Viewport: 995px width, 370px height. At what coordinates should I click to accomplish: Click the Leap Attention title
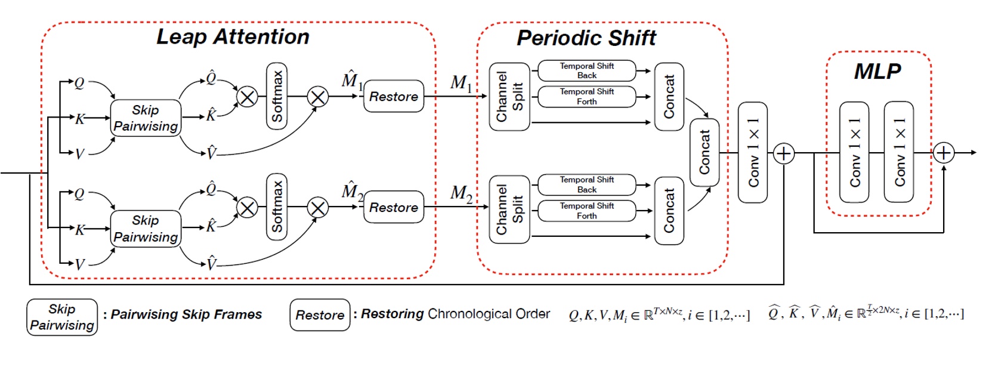pyautogui.click(x=233, y=37)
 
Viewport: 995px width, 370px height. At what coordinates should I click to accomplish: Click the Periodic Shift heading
pyautogui.click(x=586, y=38)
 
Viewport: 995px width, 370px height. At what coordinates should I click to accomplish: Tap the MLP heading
pyautogui.click(x=877, y=72)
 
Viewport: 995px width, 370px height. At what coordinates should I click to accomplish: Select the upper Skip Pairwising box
pyautogui.click(x=146, y=118)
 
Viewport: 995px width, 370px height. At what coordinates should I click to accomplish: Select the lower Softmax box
pyautogui.click(x=277, y=207)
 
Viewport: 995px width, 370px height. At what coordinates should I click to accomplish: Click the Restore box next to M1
pyautogui.click(x=394, y=97)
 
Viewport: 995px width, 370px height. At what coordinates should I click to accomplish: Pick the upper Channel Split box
pyautogui.click(x=509, y=97)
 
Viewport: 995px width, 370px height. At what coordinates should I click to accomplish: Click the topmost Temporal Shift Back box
pyautogui.click(x=586, y=70)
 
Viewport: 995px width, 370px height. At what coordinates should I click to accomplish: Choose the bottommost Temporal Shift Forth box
pyautogui.click(x=586, y=211)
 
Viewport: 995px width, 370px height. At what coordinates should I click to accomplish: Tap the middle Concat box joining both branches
pyautogui.click(x=704, y=152)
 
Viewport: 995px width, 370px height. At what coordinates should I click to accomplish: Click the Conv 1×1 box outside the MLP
pyautogui.click(x=753, y=153)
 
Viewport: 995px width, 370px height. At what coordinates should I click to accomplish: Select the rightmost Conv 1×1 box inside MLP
pyautogui.click(x=899, y=153)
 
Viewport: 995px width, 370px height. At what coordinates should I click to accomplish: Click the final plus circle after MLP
pyautogui.click(x=943, y=153)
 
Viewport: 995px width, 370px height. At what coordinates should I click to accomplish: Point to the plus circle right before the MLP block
pyautogui.click(x=783, y=153)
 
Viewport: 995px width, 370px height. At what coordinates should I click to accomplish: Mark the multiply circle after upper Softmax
pyautogui.click(x=317, y=97)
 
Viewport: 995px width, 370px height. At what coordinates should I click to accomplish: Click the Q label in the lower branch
pyautogui.click(x=79, y=194)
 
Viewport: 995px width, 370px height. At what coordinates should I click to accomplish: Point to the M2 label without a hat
pyautogui.click(x=461, y=193)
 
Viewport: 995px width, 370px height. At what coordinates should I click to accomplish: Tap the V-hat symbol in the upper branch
pyautogui.click(x=211, y=153)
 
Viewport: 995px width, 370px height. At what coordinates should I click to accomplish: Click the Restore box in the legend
pyautogui.click(x=320, y=315)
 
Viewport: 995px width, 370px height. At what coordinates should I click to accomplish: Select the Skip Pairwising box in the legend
pyautogui.click(x=62, y=317)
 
